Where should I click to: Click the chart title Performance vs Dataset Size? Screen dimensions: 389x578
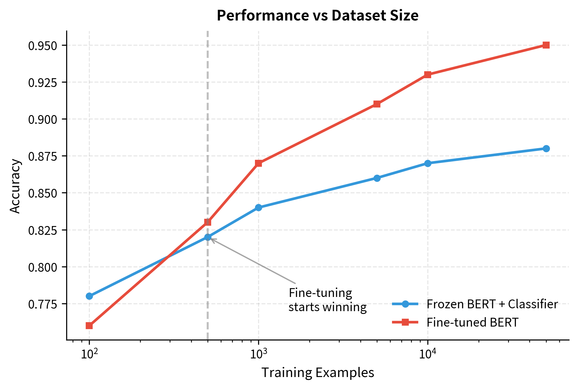coord(317,16)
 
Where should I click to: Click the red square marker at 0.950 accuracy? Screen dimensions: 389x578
coord(546,45)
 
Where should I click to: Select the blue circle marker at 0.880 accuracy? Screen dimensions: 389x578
coord(546,148)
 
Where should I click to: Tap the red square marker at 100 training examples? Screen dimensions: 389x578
coord(89,326)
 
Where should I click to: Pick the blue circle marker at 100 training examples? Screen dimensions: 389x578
coord(89,296)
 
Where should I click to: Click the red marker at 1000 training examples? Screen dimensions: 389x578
coord(258,163)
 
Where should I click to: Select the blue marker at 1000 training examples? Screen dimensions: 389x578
coord(258,207)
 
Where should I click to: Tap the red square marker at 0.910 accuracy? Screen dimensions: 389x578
coord(377,104)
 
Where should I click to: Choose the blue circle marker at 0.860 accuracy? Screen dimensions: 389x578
coord(377,178)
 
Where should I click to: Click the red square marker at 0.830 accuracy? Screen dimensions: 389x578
coord(207,222)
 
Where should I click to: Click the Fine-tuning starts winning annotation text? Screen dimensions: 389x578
coord(327,300)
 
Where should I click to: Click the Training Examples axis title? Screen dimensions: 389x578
coord(318,373)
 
